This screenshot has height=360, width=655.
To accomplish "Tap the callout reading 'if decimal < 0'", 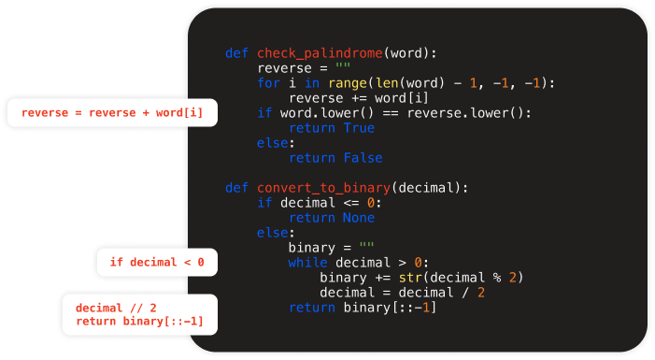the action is coord(157,262).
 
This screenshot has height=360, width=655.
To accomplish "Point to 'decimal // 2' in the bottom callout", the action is coord(116,308).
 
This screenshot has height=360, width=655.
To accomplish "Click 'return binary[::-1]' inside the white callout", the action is coord(139,322).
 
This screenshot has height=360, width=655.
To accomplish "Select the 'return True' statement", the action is coord(332,128).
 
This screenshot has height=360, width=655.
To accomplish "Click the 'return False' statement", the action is coord(335,158).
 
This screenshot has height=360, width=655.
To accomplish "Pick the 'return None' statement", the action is coord(332,218).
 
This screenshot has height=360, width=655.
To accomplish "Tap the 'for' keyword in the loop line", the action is coord(268,83).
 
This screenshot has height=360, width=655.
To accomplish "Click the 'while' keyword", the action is coord(307,263).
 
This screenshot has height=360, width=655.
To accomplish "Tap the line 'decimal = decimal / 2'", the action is coord(402,293).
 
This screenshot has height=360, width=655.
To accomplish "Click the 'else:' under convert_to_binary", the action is coord(277,233).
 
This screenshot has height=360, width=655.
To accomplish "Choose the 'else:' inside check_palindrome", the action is coord(277,143).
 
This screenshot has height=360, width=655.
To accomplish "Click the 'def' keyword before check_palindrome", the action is coord(236,53).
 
